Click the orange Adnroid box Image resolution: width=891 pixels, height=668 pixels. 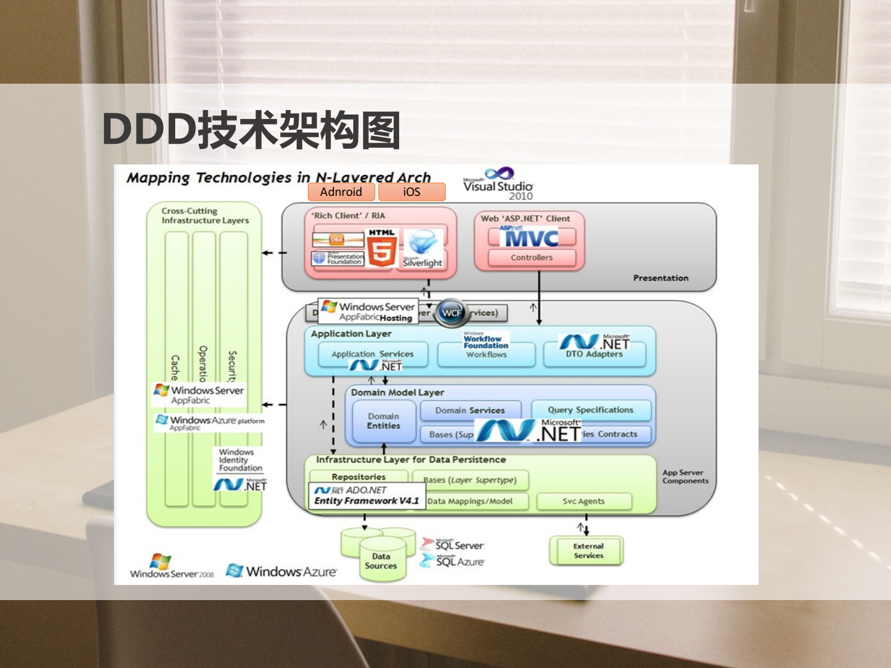click(x=341, y=192)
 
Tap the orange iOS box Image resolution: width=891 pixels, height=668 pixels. click(x=412, y=192)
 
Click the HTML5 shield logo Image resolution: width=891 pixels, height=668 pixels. click(x=382, y=248)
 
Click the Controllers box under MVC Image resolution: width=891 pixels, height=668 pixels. click(x=532, y=258)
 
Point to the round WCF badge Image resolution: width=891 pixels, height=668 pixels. click(x=451, y=313)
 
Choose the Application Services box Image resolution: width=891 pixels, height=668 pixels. click(x=372, y=354)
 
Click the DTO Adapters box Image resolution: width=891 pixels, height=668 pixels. click(x=594, y=354)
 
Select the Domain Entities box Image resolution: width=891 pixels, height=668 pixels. click(x=384, y=421)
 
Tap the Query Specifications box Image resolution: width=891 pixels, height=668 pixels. click(x=591, y=410)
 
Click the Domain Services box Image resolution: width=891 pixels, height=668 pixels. click(x=470, y=410)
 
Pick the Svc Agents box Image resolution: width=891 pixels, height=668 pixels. click(x=584, y=501)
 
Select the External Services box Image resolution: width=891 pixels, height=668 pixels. click(x=588, y=551)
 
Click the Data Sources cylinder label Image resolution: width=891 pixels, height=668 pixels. click(x=381, y=561)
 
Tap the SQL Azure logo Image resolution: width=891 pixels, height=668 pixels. click(x=452, y=561)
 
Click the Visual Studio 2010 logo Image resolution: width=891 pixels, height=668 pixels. click(x=498, y=184)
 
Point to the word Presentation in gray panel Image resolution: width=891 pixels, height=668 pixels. click(x=660, y=278)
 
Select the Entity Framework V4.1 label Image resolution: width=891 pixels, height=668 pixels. click(x=367, y=501)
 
